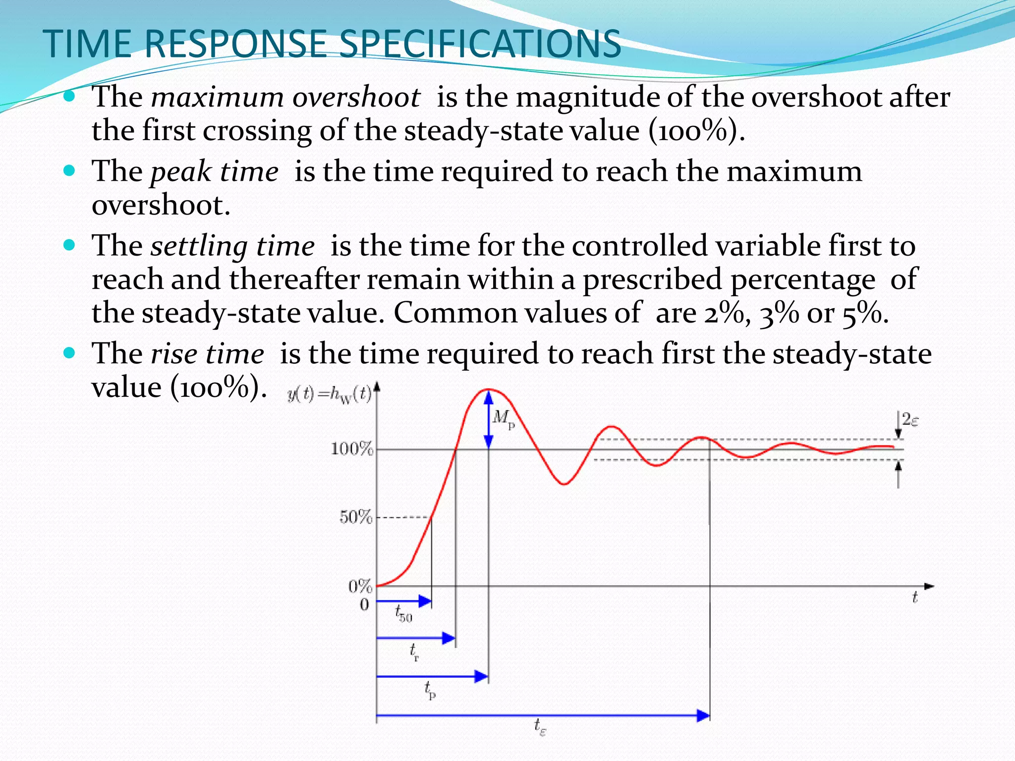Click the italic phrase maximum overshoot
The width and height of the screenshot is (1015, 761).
[285, 97]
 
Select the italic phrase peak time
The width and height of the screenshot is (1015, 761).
[214, 172]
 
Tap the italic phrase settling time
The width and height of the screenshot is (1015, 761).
[232, 246]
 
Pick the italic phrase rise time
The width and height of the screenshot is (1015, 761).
[207, 354]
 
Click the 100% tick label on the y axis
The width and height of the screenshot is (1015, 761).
[351, 449]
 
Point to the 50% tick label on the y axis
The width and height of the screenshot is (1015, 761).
[355, 518]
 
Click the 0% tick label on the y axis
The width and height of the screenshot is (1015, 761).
[360, 587]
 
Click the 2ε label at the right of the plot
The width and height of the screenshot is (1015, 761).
[910, 420]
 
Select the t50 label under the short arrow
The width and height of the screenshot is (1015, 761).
[403, 614]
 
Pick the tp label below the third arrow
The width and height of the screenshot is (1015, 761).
[430, 690]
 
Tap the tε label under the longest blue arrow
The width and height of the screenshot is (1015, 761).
[540, 727]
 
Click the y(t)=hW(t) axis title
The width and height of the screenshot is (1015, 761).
[329, 395]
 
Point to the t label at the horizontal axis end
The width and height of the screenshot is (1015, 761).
[915, 598]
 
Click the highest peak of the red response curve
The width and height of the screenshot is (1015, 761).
[488, 389]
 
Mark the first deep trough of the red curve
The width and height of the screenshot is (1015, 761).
[564, 484]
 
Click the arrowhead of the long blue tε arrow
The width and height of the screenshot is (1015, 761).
[704, 715]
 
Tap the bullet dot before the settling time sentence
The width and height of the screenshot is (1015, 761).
[69, 245]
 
